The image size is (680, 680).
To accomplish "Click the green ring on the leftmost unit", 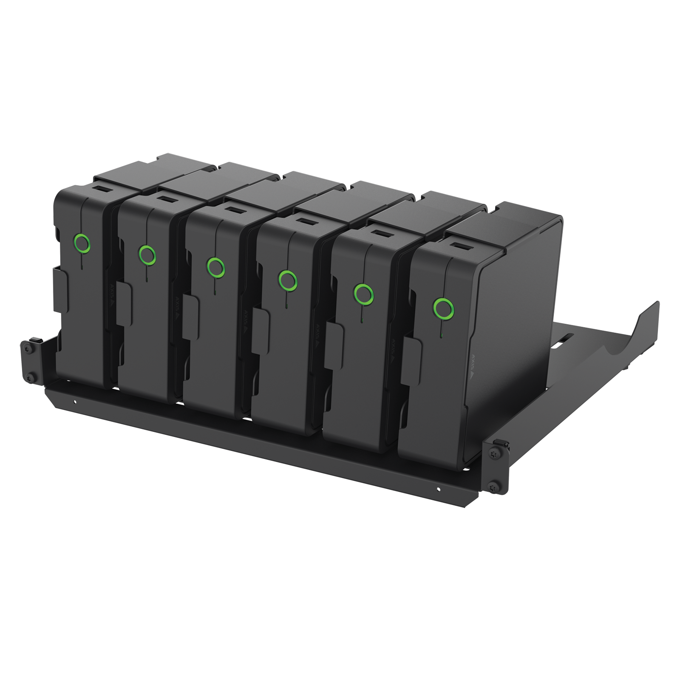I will pyautogui.click(x=81, y=243).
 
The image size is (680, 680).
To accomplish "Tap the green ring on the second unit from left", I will pyautogui.click(x=147, y=254).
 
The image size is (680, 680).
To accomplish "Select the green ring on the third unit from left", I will pyautogui.click(x=216, y=266).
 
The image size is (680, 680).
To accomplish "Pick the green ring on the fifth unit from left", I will pyautogui.click(x=364, y=293).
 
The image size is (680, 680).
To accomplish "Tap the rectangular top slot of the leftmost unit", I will pyautogui.click(x=100, y=189).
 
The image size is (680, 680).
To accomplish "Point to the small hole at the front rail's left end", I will pyautogui.click(x=75, y=400).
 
